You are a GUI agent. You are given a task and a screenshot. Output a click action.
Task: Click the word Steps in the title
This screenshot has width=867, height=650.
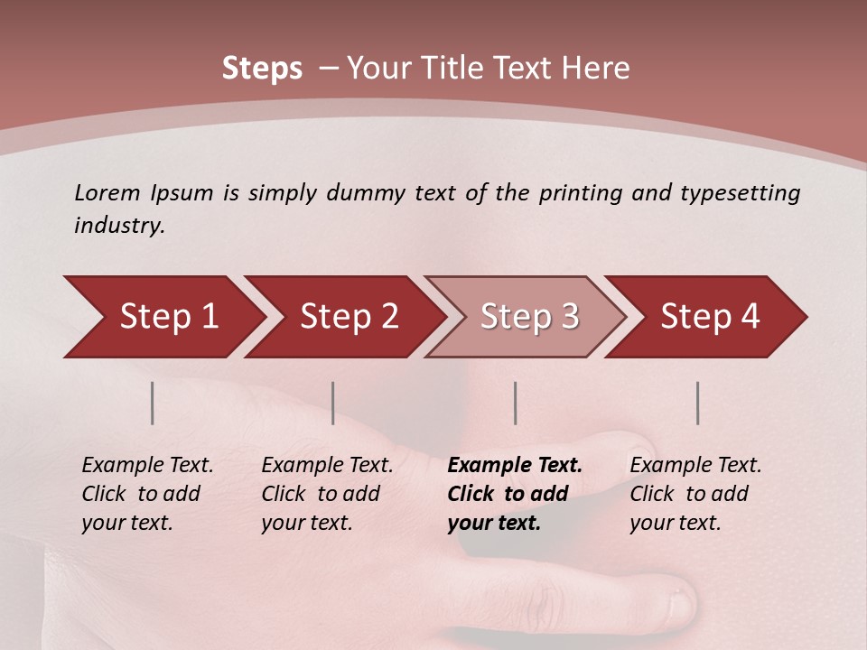pyautogui.click(x=262, y=69)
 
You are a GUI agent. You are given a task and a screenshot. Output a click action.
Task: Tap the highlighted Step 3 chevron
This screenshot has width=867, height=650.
pyautogui.click(x=528, y=317)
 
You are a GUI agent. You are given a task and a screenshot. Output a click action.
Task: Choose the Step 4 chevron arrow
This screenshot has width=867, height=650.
pyautogui.click(x=710, y=317)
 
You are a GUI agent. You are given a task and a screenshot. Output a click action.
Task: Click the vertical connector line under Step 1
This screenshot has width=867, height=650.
pyautogui.click(x=153, y=403)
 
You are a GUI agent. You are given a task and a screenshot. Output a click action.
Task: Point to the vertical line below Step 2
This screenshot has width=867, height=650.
pyautogui.click(x=333, y=403)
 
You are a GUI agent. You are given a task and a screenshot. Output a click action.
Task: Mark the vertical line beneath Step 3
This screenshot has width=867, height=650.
pyautogui.click(x=516, y=403)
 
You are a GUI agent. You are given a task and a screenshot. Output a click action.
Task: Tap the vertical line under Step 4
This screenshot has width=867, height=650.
pyautogui.click(x=698, y=403)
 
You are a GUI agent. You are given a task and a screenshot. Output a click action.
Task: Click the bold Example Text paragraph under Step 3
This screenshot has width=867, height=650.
pyautogui.click(x=514, y=494)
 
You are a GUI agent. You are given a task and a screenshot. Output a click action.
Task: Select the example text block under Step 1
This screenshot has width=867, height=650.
pyautogui.click(x=147, y=494)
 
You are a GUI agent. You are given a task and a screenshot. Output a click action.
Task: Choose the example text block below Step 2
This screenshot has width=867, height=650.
pyautogui.click(x=327, y=494)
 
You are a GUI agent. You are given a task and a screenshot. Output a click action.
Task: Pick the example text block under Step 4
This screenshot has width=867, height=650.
pyautogui.click(x=695, y=494)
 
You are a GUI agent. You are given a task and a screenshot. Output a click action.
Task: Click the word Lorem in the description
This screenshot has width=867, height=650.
pyautogui.click(x=107, y=193)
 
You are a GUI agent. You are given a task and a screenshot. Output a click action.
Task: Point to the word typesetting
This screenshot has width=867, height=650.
pyautogui.click(x=740, y=193)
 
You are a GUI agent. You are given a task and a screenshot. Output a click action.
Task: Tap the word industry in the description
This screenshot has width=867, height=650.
pyautogui.click(x=118, y=226)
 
